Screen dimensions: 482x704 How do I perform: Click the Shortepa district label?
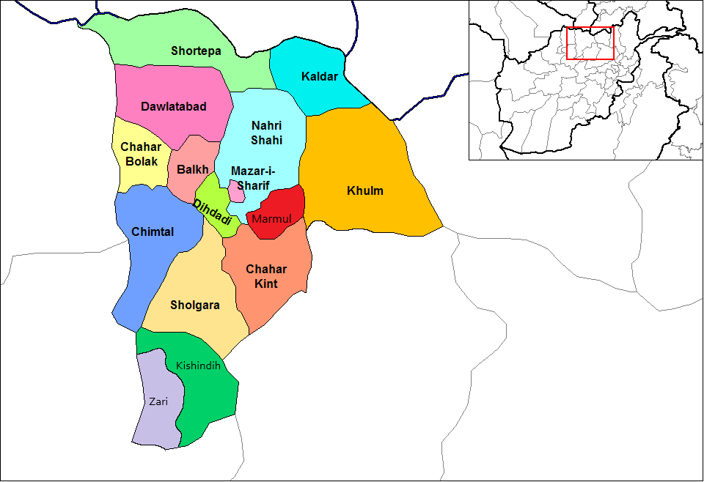tap(196, 51)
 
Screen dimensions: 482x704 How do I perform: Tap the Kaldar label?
tap(320, 76)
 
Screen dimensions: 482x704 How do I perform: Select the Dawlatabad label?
tap(173, 106)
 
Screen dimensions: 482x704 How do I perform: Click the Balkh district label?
tap(192, 169)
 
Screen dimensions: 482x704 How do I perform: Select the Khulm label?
tap(365, 191)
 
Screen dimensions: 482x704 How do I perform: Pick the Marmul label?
tap(271, 218)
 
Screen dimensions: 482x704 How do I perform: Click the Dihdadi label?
tap(213, 212)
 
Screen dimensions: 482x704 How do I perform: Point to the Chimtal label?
tap(153, 232)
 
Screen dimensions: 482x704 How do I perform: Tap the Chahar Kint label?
tap(266, 276)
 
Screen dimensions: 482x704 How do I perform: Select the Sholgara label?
tap(194, 305)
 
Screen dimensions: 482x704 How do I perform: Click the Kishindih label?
tap(198, 365)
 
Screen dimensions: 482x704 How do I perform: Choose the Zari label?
tap(158, 401)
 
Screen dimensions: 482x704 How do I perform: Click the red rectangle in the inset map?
tap(590, 43)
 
